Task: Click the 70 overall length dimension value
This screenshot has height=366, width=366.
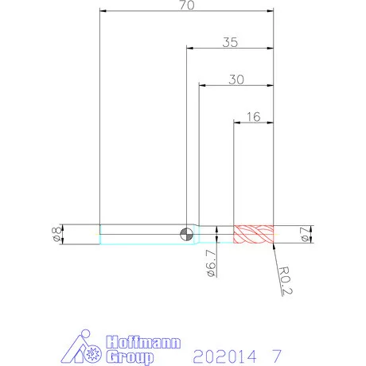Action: point(187,5)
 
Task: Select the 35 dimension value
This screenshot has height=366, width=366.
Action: point(230,42)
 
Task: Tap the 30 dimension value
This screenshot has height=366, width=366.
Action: point(236,80)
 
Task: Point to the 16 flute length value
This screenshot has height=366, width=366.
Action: point(254,117)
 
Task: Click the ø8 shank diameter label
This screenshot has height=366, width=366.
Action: point(57,234)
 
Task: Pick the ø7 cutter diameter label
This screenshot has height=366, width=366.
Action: point(305,235)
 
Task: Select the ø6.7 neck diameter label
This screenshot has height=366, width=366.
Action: point(212,263)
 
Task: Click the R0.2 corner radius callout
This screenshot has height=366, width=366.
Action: point(286,281)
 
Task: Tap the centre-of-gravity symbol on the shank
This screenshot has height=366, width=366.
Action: point(186,234)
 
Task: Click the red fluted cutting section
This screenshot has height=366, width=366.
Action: point(253,234)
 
